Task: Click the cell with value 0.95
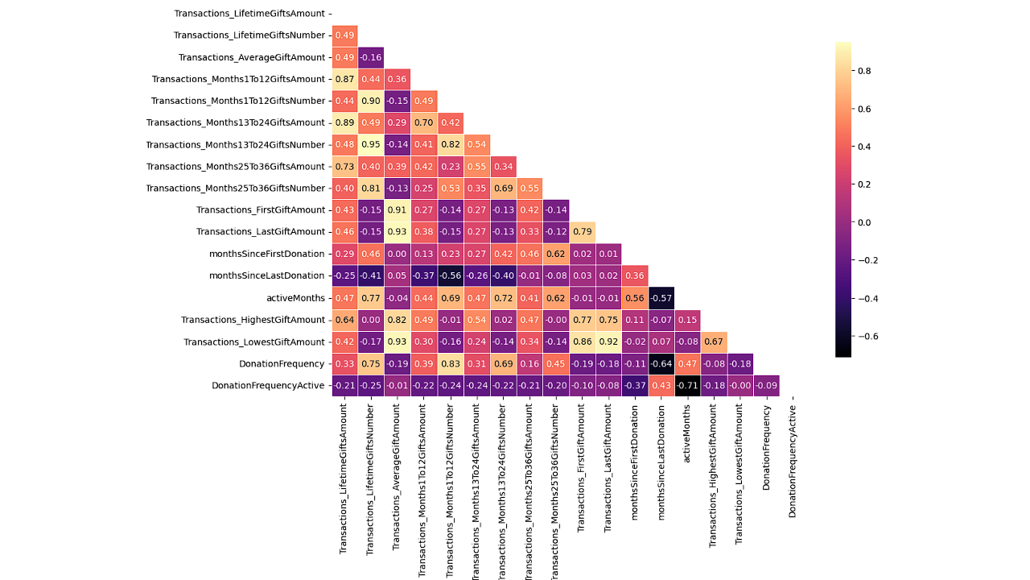pos(371,145)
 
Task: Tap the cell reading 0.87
pos(344,79)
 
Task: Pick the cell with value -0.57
pos(661,298)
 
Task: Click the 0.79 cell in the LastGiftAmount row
pos(583,232)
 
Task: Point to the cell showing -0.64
pos(661,363)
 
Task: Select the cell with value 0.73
pos(344,167)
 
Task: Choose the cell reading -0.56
pos(451,276)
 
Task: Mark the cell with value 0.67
pos(715,342)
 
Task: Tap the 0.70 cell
pos(424,123)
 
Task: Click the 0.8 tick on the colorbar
pos(864,71)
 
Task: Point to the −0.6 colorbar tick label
pos(867,336)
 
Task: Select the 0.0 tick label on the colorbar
pos(864,222)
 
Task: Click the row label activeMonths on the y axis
pos(296,298)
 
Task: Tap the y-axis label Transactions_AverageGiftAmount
pos(252,57)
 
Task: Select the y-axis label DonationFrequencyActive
pos(268,385)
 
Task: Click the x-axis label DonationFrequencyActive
pos(793,461)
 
